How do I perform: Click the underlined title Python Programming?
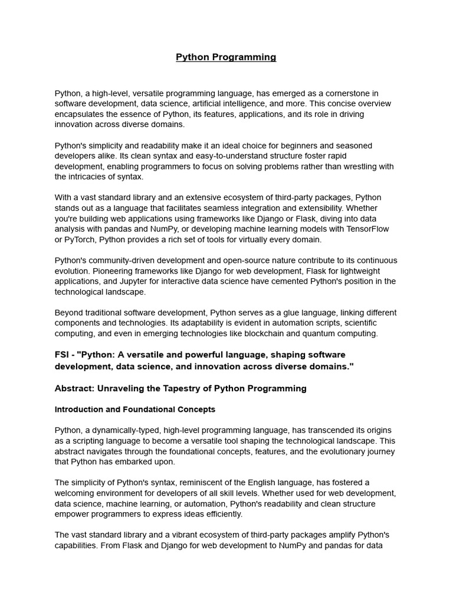click(226, 57)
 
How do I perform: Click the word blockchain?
click(257, 333)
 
